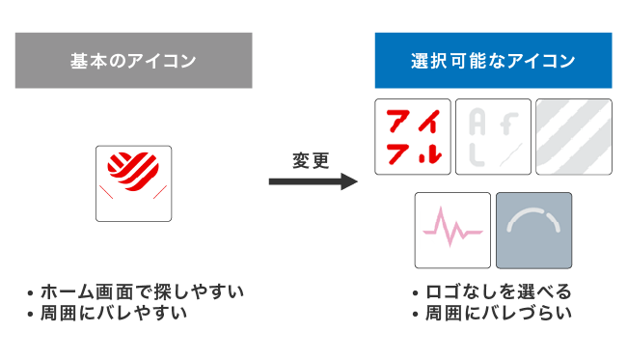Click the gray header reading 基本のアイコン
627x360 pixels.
(x=133, y=61)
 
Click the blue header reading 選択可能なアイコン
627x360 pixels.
(x=493, y=61)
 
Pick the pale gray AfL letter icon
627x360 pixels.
(x=493, y=136)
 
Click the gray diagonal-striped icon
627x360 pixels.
(x=573, y=136)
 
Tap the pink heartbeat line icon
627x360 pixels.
(x=452, y=230)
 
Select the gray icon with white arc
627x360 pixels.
(x=533, y=230)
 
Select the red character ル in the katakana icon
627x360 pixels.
(x=430, y=152)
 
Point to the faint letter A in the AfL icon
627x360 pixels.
(x=477, y=122)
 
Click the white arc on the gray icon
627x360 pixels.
(x=533, y=221)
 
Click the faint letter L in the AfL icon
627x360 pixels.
(x=475, y=152)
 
